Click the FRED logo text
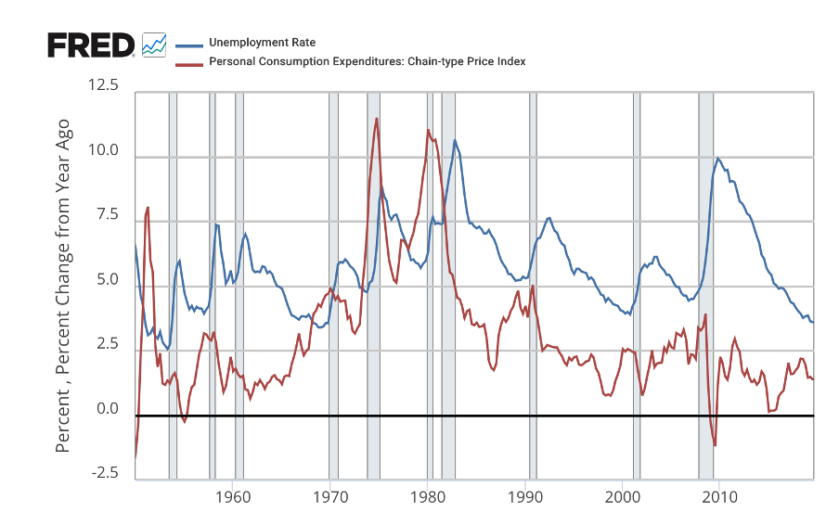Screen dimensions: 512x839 coord(91,45)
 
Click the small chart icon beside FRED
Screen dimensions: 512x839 coord(154,44)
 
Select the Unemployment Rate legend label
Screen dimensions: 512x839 coord(262,43)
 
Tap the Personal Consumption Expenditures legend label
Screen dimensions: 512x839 coord(367,61)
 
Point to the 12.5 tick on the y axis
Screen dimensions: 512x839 coord(103,86)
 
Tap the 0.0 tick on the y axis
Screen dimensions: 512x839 coord(107,409)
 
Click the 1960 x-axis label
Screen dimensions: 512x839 coord(233,494)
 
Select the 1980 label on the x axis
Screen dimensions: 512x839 coord(427,494)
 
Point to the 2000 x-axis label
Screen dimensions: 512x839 coord(621,494)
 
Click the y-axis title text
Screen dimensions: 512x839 coord(63,287)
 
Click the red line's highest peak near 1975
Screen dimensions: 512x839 coord(377,119)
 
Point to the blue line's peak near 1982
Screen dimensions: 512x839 coord(455,141)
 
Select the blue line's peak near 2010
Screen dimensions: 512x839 coord(717,159)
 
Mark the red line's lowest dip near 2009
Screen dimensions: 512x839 coord(715,445)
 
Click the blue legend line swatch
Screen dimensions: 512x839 coord(188,44)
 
